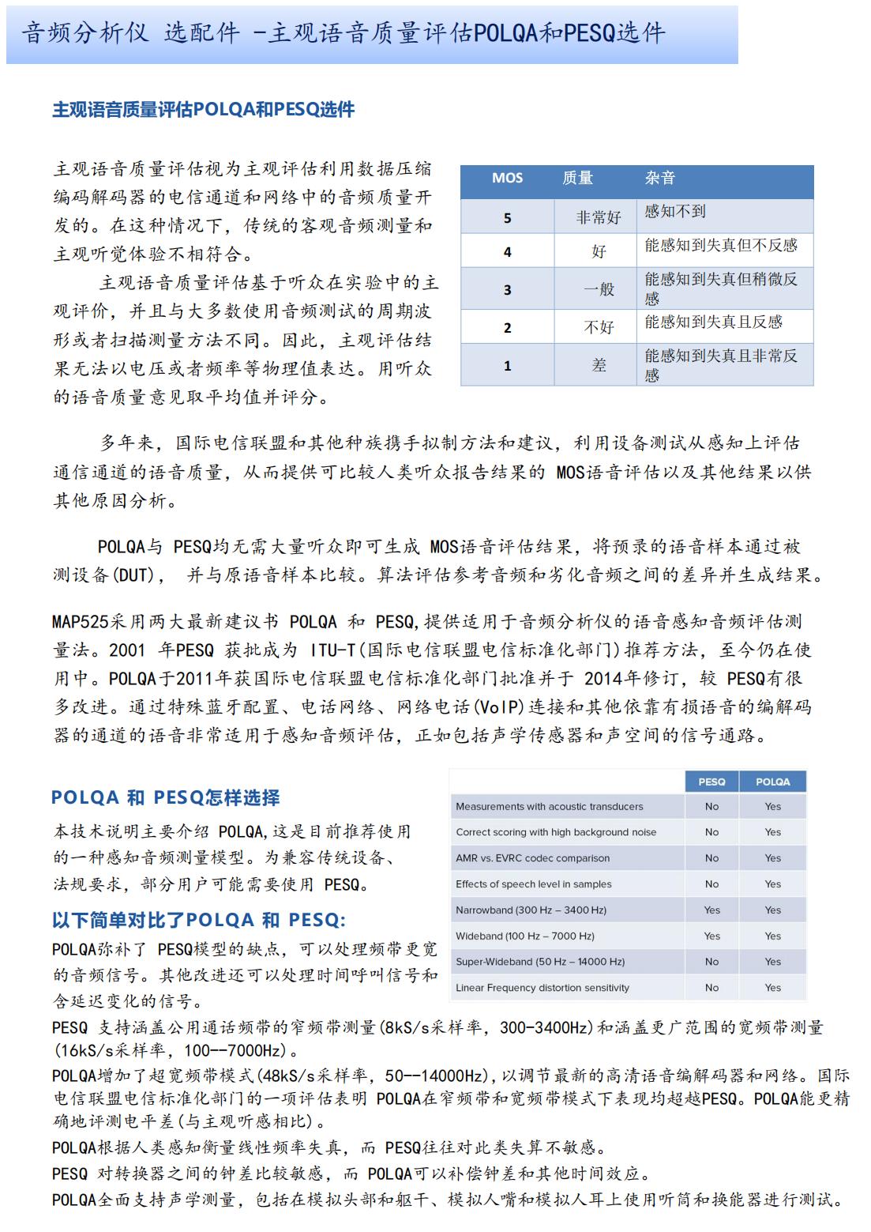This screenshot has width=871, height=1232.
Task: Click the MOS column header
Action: click(x=507, y=178)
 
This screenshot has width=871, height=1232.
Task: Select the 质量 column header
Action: click(x=577, y=178)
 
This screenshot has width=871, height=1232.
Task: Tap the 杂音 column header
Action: click(x=660, y=178)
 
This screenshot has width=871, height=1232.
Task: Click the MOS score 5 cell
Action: click(x=507, y=217)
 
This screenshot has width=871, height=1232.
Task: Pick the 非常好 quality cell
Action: click(x=598, y=217)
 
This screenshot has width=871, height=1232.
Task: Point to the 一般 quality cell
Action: click(x=598, y=289)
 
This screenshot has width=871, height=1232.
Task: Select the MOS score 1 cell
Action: click(x=507, y=366)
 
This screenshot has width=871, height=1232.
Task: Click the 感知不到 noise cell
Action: click(x=675, y=212)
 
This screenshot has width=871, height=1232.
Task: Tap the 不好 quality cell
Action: click(x=598, y=327)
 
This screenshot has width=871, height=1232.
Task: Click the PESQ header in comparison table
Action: click(x=711, y=782)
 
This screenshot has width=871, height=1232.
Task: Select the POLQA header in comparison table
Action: click(x=772, y=782)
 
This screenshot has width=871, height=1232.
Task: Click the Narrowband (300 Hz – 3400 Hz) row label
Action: click(x=531, y=910)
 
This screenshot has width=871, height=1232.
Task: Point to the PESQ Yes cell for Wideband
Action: click(x=711, y=936)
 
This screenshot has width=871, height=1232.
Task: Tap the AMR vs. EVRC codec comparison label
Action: click(x=532, y=858)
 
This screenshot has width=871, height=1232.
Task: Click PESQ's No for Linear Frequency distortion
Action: click(x=711, y=988)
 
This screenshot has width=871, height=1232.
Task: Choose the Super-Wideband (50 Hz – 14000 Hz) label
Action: click(x=540, y=962)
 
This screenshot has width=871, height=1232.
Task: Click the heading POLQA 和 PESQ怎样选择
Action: click(x=166, y=798)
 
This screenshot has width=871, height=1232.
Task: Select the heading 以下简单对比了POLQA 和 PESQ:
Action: click(x=198, y=920)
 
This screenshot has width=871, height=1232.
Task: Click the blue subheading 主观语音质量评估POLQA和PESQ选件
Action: click(x=203, y=110)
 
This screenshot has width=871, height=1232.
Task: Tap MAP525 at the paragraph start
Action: click(x=80, y=622)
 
